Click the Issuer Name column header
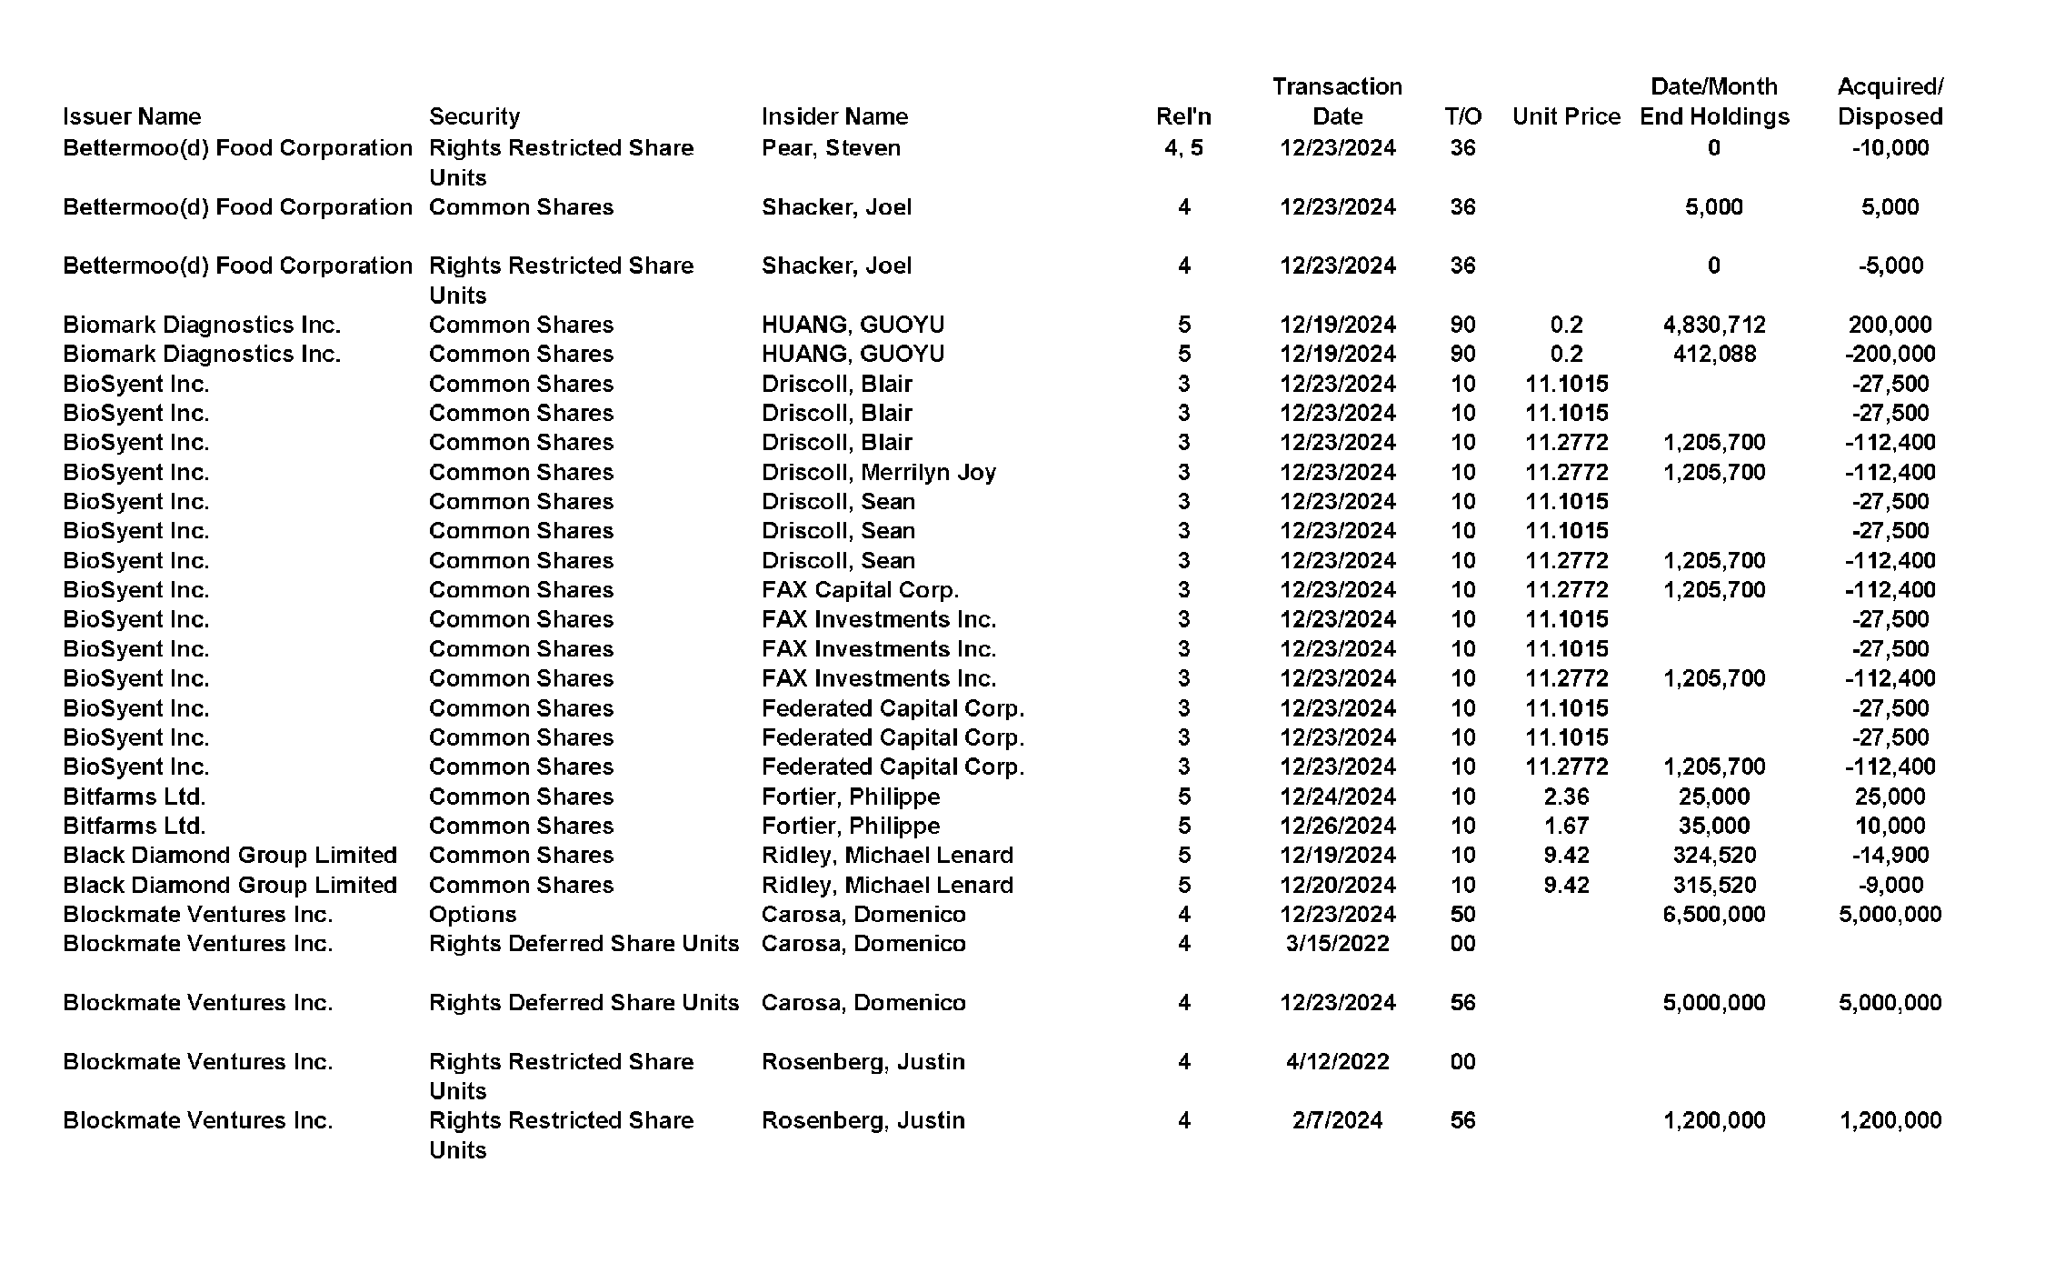click(x=132, y=116)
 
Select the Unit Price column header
click(x=1566, y=116)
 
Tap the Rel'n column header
click(x=1183, y=116)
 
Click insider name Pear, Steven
click(x=831, y=148)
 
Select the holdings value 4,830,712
click(x=1713, y=325)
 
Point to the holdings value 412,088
click(x=1713, y=354)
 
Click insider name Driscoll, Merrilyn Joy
click(x=878, y=472)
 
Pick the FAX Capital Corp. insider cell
click(x=860, y=590)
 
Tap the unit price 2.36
click(x=1566, y=797)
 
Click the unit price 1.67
click(x=1566, y=826)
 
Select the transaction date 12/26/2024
click(x=1337, y=826)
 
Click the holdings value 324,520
click(x=1713, y=856)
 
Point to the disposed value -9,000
click(x=1890, y=885)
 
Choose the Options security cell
click(x=473, y=915)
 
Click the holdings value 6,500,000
click(x=1713, y=915)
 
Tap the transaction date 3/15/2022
click(x=1337, y=944)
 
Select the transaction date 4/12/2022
click(x=1337, y=1062)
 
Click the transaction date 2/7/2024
click(x=1337, y=1120)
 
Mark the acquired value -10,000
click(x=1890, y=148)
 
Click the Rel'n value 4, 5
click(x=1183, y=148)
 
